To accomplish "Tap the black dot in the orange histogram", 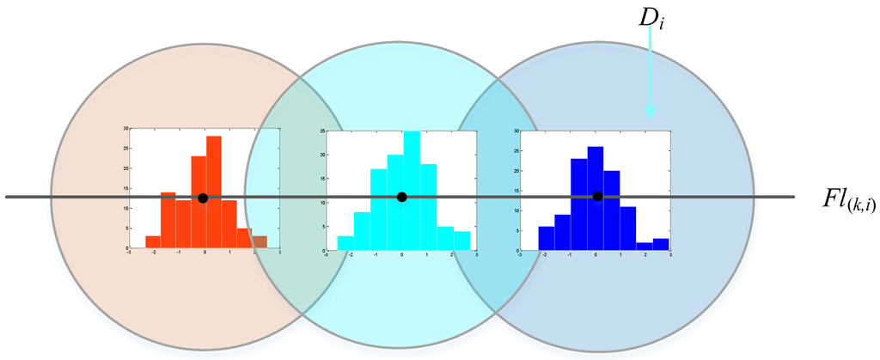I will click(x=203, y=198).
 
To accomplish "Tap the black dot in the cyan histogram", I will click(x=402, y=198).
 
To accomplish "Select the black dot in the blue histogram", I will click(x=597, y=197).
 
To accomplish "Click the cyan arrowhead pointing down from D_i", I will click(x=650, y=111).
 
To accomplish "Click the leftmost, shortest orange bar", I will click(x=153, y=241).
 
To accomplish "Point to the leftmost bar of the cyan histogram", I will click(x=345, y=243).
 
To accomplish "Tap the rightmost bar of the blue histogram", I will click(x=661, y=244).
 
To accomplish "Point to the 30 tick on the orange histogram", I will click(x=125, y=129).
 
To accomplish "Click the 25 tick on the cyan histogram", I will click(x=321, y=131).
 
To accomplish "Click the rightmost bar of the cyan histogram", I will click(x=461, y=241).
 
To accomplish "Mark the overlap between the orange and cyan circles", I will click(x=287, y=198).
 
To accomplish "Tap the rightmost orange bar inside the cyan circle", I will click(x=260, y=242).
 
